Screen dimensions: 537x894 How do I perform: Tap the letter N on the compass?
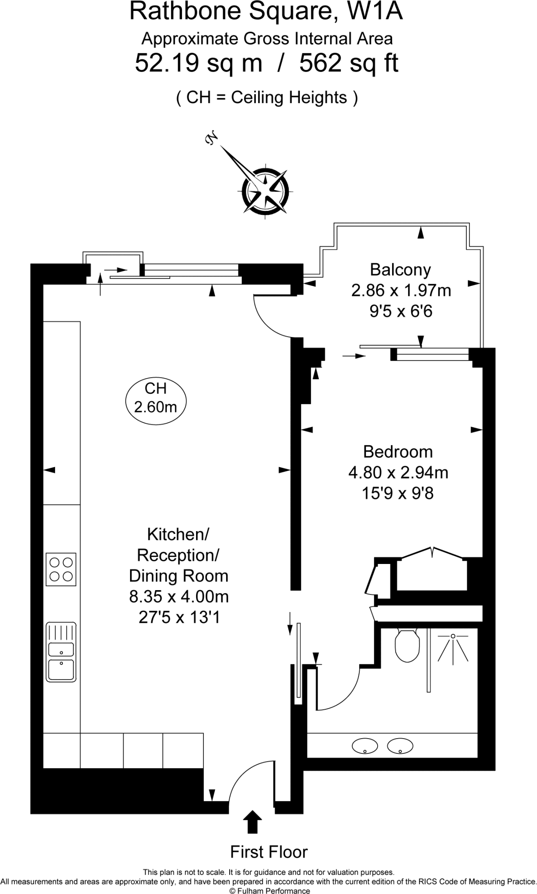[211, 138]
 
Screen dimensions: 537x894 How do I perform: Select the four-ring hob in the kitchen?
[61, 569]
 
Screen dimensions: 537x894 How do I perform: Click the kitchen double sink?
[61, 652]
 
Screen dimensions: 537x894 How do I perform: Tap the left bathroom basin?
[365, 746]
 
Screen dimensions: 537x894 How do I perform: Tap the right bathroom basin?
[400, 746]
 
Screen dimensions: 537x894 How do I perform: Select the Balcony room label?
[400, 269]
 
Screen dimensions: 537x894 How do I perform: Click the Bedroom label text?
[398, 451]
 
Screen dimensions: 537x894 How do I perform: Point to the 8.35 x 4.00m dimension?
[179, 596]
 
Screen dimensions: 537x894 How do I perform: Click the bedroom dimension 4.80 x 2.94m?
[398, 472]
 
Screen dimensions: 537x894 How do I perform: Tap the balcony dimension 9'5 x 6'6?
[401, 311]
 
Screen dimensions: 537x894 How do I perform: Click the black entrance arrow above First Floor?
[252, 822]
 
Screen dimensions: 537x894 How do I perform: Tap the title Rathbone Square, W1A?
[266, 12]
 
